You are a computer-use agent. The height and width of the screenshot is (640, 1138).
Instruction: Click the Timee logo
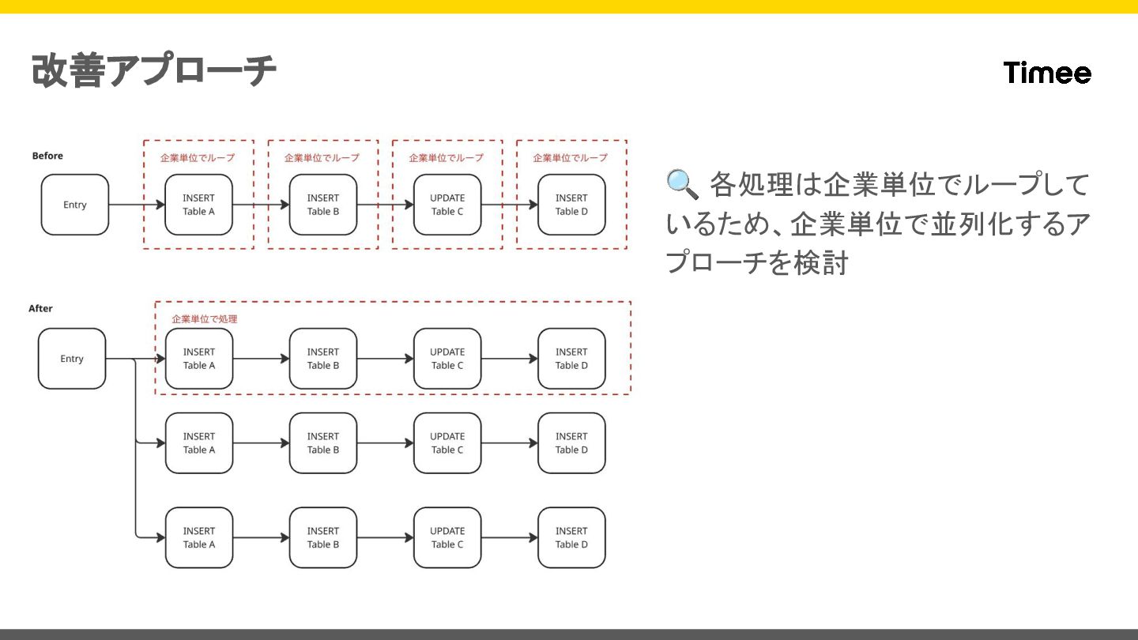(1047, 73)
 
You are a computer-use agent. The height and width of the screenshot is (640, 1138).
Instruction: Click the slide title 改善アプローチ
(154, 71)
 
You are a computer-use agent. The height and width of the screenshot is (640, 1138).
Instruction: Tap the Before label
(47, 156)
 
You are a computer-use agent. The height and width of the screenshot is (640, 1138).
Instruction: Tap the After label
(41, 308)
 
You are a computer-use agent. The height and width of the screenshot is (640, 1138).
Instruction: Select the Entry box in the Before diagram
(75, 205)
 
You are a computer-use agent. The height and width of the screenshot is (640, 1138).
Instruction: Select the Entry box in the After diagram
(72, 359)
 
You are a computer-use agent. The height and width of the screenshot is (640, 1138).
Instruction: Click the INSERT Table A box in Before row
(199, 205)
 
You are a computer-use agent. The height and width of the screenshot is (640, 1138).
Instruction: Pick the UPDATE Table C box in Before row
(447, 205)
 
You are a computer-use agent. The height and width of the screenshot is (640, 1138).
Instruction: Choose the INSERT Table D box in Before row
(571, 205)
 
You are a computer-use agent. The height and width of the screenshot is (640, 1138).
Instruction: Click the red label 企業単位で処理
(205, 319)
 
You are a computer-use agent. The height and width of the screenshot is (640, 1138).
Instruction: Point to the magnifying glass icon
(682, 184)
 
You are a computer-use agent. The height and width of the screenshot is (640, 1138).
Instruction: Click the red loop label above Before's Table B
(322, 158)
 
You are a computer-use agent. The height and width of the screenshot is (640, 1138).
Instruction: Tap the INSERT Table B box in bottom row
(323, 537)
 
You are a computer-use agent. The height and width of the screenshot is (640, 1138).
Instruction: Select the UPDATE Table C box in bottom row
(447, 537)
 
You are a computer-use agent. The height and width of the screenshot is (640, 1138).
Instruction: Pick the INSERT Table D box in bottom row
(571, 537)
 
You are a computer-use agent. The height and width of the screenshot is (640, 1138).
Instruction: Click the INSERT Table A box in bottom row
(199, 537)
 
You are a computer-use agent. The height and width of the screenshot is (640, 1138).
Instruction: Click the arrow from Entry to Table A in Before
(136, 205)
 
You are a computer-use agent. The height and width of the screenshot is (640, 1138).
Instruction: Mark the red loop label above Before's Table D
(571, 158)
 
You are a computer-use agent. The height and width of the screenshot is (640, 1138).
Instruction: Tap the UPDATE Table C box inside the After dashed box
(447, 359)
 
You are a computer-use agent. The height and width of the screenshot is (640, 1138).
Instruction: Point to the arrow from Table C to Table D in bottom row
(509, 537)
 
